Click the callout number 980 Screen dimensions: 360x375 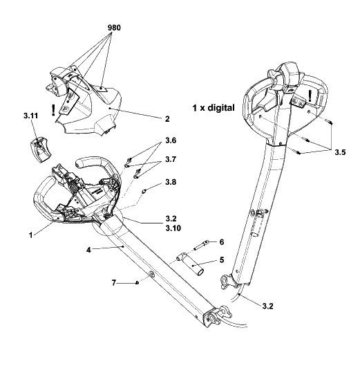(x=114, y=28)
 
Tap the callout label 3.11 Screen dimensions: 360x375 (x=31, y=116)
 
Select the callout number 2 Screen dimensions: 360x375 (x=167, y=119)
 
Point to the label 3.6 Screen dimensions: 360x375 (x=171, y=140)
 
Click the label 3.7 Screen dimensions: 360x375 (x=171, y=159)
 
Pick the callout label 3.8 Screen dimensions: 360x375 (x=171, y=182)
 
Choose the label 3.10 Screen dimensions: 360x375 (x=173, y=228)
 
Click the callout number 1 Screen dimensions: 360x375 (x=30, y=235)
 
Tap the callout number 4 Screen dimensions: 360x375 (x=89, y=250)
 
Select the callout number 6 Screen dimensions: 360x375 (x=222, y=242)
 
